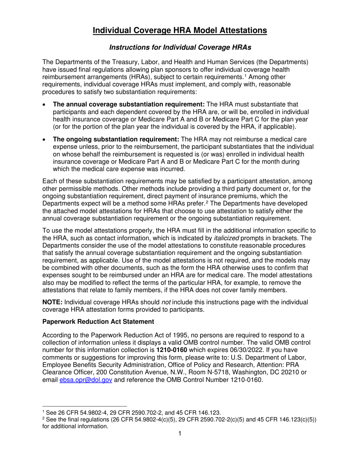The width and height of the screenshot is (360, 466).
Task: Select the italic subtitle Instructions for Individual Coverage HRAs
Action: [x=180, y=47]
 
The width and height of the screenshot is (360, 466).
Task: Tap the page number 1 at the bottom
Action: [x=180, y=434]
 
